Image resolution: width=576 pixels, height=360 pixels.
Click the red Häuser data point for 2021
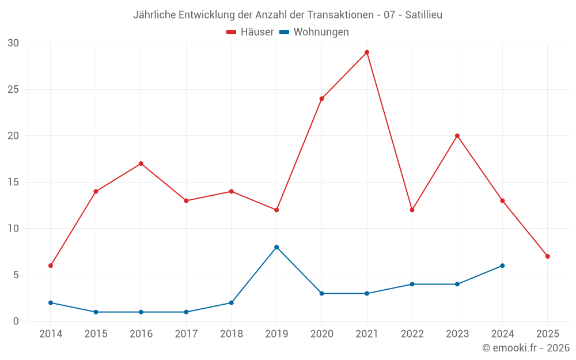[x=367, y=52]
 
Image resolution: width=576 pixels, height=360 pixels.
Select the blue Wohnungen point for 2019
[x=276, y=247]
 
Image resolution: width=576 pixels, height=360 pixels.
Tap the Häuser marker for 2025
[x=547, y=256]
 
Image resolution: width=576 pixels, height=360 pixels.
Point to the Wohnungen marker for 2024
[x=502, y=266]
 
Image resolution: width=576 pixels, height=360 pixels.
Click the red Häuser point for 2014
[x=51, y=266]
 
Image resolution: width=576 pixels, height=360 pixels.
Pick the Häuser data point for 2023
[x=457, y=136]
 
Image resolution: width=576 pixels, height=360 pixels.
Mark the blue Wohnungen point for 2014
[x=51, y=302]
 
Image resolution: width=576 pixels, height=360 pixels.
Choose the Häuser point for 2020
[x=321, y=98]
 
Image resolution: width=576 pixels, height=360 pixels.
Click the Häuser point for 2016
[x=141, y=164]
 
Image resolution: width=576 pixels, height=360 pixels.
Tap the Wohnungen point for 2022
[x=412, y=284]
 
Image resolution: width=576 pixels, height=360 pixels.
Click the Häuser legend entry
[x=250, y=32]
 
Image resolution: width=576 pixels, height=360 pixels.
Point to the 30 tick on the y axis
[x=13, y=43]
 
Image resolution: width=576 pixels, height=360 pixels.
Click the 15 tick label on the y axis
[x=13, y=182]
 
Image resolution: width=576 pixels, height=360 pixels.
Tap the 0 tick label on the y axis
[x=16, y=321]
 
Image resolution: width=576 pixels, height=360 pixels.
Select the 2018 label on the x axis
[x=232, y=334]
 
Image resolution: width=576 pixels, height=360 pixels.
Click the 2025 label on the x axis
[x=547, y=334]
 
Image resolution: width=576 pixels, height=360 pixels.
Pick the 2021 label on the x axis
[x=367, y=334]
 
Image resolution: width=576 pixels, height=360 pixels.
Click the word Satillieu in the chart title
[x=423, y=15]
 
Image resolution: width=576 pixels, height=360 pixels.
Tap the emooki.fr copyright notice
[x=526, y=348]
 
